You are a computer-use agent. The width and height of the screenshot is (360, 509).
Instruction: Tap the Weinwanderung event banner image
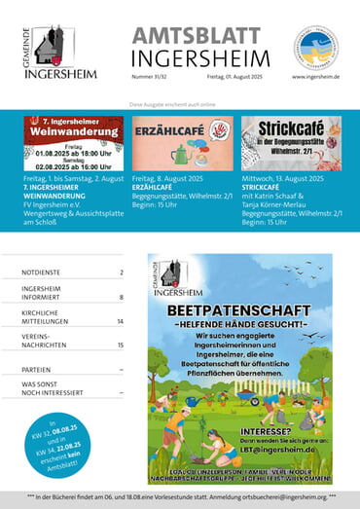73,144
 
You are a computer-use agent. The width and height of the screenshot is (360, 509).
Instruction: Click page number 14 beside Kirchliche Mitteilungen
120,320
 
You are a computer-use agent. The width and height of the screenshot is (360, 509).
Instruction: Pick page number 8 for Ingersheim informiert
122,297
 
